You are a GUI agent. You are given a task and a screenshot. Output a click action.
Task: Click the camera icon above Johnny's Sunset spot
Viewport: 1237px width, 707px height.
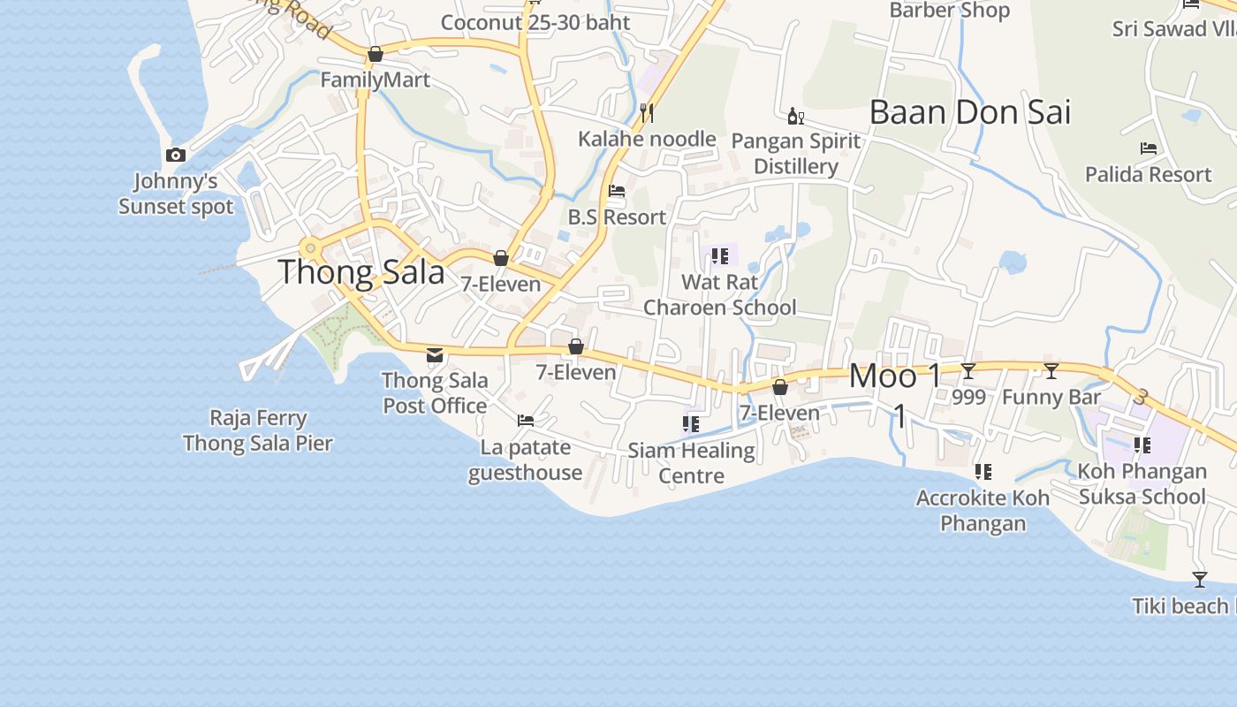(x=176, y=156)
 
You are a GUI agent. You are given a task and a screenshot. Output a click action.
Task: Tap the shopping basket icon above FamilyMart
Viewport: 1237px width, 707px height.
(x=376, y=55)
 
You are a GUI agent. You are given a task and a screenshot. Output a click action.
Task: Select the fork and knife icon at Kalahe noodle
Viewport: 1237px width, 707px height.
(x=647, y=112)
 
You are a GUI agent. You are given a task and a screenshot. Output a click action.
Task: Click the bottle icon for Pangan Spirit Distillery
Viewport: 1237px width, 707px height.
(x=795, y=116)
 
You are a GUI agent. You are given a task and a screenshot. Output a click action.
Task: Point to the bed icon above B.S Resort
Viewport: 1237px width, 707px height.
(x=617, y=191)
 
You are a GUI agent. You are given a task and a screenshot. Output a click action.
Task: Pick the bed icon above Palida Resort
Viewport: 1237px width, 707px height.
(x=1149, y=148)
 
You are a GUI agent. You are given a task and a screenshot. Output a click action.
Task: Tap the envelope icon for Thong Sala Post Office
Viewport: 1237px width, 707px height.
(x=435, y=355)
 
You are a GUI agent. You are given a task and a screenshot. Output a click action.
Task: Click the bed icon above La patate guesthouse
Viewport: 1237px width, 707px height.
(x=526, y=421)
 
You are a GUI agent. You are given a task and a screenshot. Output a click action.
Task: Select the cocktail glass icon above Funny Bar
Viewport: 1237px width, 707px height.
(x=1051, y=371)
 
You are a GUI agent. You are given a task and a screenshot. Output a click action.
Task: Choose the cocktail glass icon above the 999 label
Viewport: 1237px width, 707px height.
(x=968, y=371)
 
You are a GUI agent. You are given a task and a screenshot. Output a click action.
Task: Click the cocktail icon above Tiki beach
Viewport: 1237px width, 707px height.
(x=1200, y=580)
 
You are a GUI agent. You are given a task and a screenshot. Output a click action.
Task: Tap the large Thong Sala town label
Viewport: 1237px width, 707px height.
(x=361, y=272)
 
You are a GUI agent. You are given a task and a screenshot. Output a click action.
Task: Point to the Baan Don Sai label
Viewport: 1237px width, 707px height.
(x=969, y=112)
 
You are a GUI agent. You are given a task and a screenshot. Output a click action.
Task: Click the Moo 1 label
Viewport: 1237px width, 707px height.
(x=896, y=376)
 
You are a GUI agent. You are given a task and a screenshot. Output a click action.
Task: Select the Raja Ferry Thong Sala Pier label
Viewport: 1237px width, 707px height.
(x=258, y=430)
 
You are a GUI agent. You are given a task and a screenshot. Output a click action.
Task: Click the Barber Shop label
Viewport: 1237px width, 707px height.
(x=949, y=11)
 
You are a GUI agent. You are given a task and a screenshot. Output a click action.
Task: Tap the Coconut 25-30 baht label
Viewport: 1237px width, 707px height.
(x=535, y=22)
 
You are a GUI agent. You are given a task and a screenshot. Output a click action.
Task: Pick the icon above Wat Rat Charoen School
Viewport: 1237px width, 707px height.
(x=719, y=256)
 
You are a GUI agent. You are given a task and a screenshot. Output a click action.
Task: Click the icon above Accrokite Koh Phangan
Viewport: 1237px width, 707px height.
(x=983, y=472)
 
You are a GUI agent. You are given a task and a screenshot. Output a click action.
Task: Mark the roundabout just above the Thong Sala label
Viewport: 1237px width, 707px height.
(x=309, y=248)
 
